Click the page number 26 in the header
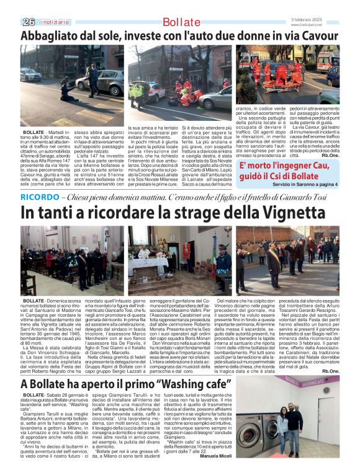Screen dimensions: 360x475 click(x=29, y=22)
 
